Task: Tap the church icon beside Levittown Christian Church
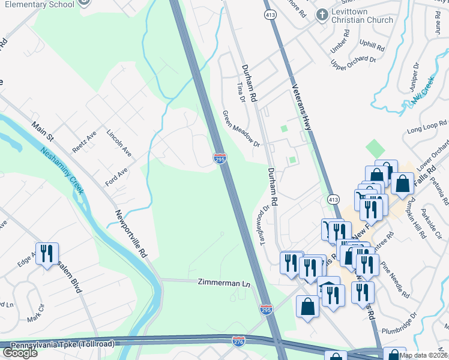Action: pyautogui.click(x=322, y=14)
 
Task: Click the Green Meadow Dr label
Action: pyautogui.click(x=241, y=129)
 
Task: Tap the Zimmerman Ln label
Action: pyautogui.click(x=223, y=281)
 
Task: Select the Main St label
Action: pyautogui.click(x=43, y=132)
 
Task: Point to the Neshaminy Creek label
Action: pyautogui.click(x=63, y=171)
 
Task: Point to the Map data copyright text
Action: pyautogui.click(x=423, y=355)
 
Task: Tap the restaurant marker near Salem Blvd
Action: pyautogui.click(x=46, y=253)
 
